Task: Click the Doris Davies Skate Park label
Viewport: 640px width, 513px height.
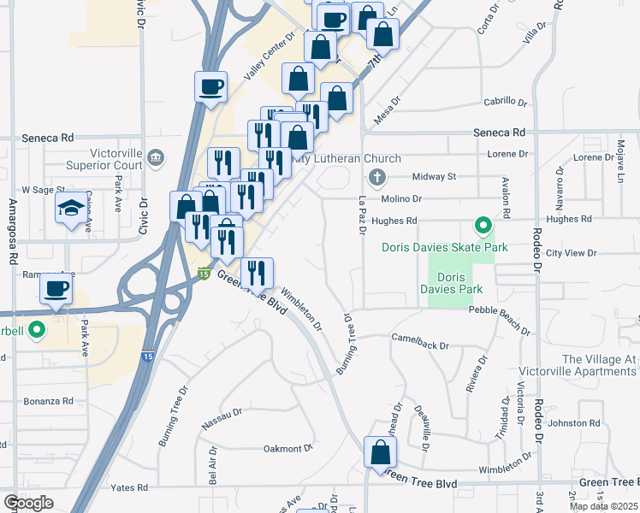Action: click(x=445, y=247)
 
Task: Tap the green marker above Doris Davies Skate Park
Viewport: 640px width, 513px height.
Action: click(x=483, y=227)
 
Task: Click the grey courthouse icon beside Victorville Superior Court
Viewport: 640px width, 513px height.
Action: click(x=157, y=156)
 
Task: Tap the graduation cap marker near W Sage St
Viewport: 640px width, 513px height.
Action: click(x=71, y=208)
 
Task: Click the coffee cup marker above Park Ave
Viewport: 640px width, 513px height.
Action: click(x=56, y=290)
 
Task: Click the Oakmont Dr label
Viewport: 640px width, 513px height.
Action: click(x=288, y=448)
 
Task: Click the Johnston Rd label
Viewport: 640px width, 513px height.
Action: click(x=574, y=423)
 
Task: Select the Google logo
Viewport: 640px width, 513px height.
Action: click(x=28, y=503)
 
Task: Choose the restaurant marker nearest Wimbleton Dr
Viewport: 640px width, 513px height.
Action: click(x=257, y=274)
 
